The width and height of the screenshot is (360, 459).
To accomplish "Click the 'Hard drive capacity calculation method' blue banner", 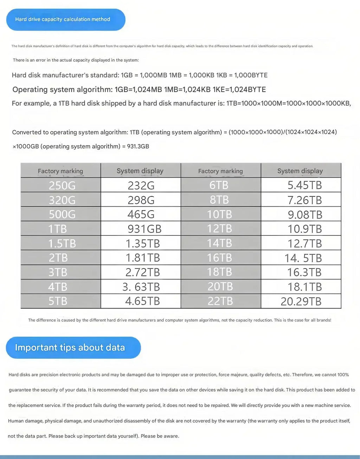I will click(x=66, y=19).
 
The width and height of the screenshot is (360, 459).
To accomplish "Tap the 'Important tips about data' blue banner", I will click(x=73, y=348).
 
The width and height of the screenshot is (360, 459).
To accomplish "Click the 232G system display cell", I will click(x=141, y=185).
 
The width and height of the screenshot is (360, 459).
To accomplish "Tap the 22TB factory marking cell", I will click(x=220, y=301).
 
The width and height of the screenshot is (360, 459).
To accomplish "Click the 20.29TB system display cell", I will click(x=301, y=302).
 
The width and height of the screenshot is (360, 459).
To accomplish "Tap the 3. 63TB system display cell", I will click(x=141, y=287).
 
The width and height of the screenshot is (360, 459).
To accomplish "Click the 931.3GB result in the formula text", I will click(x=138, y=146).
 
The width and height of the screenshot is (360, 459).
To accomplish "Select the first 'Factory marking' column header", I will click(x=60, y=171).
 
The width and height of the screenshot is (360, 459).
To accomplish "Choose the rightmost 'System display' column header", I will click(x=300, y=171).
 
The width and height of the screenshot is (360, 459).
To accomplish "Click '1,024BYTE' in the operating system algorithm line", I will click(x=245, y=90).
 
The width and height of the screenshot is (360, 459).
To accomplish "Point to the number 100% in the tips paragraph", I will click(x=343, y=375).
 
